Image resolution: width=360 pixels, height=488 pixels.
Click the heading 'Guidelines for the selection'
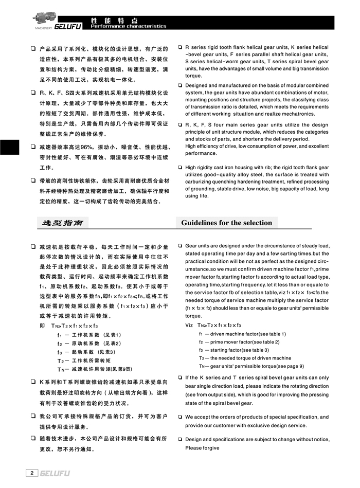pos(226,223)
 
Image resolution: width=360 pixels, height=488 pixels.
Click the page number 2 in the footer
pos(32,473)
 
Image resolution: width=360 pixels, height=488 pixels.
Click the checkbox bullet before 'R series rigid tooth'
pos(181,47)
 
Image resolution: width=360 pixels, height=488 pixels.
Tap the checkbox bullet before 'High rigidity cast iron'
pos(181,167)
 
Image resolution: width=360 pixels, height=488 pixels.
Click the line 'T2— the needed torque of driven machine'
pos(245,358)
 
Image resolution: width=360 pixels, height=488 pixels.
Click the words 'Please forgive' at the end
pos(202,448)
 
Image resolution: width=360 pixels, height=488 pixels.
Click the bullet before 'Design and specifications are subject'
pos(181,440)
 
